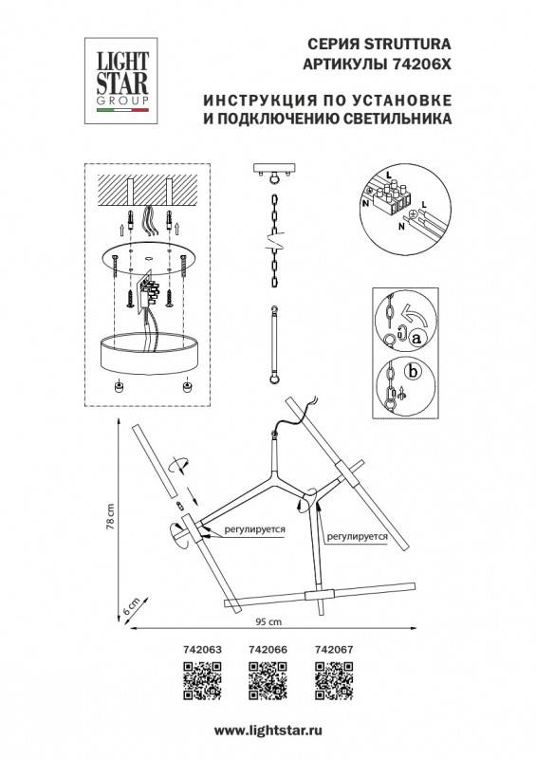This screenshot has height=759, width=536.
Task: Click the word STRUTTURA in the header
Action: (409, 43)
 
